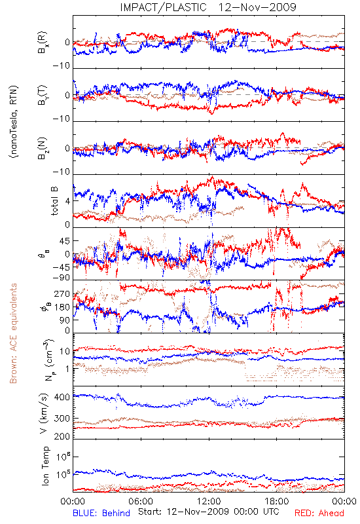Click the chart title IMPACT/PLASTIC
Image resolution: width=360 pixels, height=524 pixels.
click(x=163, y=7)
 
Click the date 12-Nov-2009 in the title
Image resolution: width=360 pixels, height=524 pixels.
click(x=257, y=7)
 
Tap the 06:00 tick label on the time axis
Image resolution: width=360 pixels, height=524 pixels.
click(x=141, y=501)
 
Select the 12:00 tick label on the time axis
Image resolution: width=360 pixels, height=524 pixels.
click(x=209, y=501)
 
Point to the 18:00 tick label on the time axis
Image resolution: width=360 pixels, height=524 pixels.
click(x=277, y=501)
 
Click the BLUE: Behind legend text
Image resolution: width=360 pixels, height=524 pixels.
click(x=101, y=513)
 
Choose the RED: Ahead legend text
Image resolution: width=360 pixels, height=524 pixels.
click(x=319, y=513)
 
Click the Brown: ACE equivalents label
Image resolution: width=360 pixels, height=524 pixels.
click(x=13, y=333)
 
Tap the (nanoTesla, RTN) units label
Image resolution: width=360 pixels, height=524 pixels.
click(x=14, y=122)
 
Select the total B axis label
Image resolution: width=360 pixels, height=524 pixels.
click(x=54, y=201)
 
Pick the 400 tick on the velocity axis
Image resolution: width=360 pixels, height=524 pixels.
click(x=62, y=397)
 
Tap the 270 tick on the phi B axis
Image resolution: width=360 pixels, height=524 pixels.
click(x=62, y=293)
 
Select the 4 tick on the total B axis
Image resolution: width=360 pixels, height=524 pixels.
click(x=68, y=201)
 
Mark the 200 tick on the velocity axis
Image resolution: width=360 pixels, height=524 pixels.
click(x=62, y=436)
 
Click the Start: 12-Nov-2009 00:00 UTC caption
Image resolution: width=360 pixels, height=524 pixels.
click(x=209, y=512)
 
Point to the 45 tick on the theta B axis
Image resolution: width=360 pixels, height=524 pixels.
click(x=65, y=240)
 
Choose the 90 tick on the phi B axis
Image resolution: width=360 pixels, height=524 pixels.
click(x=65, y=320)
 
